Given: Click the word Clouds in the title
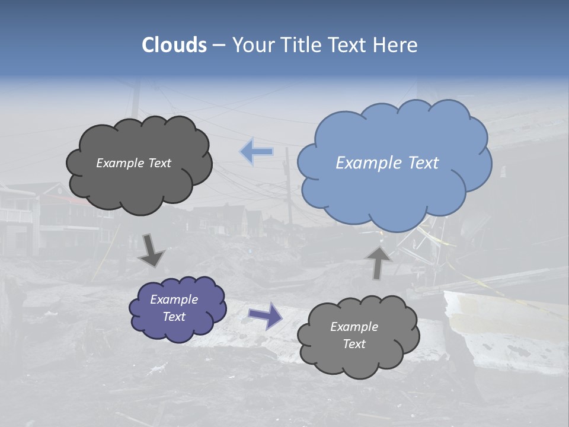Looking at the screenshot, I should [174, 45].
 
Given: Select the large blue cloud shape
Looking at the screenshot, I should [394, 178].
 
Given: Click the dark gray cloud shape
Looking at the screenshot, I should [139, 184].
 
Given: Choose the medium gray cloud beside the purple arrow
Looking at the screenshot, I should [358, 356].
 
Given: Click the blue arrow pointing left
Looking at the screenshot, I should [257, 152].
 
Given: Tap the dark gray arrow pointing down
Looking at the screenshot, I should [152, 250].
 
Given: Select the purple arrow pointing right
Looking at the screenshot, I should [265, 315].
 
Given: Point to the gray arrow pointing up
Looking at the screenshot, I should [379, 262].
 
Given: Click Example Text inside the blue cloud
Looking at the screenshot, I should [387, 162].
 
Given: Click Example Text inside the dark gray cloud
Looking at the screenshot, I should [133, 163].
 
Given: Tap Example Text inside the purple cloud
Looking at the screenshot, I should [174, 308].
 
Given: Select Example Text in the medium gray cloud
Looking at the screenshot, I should [354, 335].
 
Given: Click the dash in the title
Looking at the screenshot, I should [218, 45].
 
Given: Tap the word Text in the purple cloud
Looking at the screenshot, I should [174, 317].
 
